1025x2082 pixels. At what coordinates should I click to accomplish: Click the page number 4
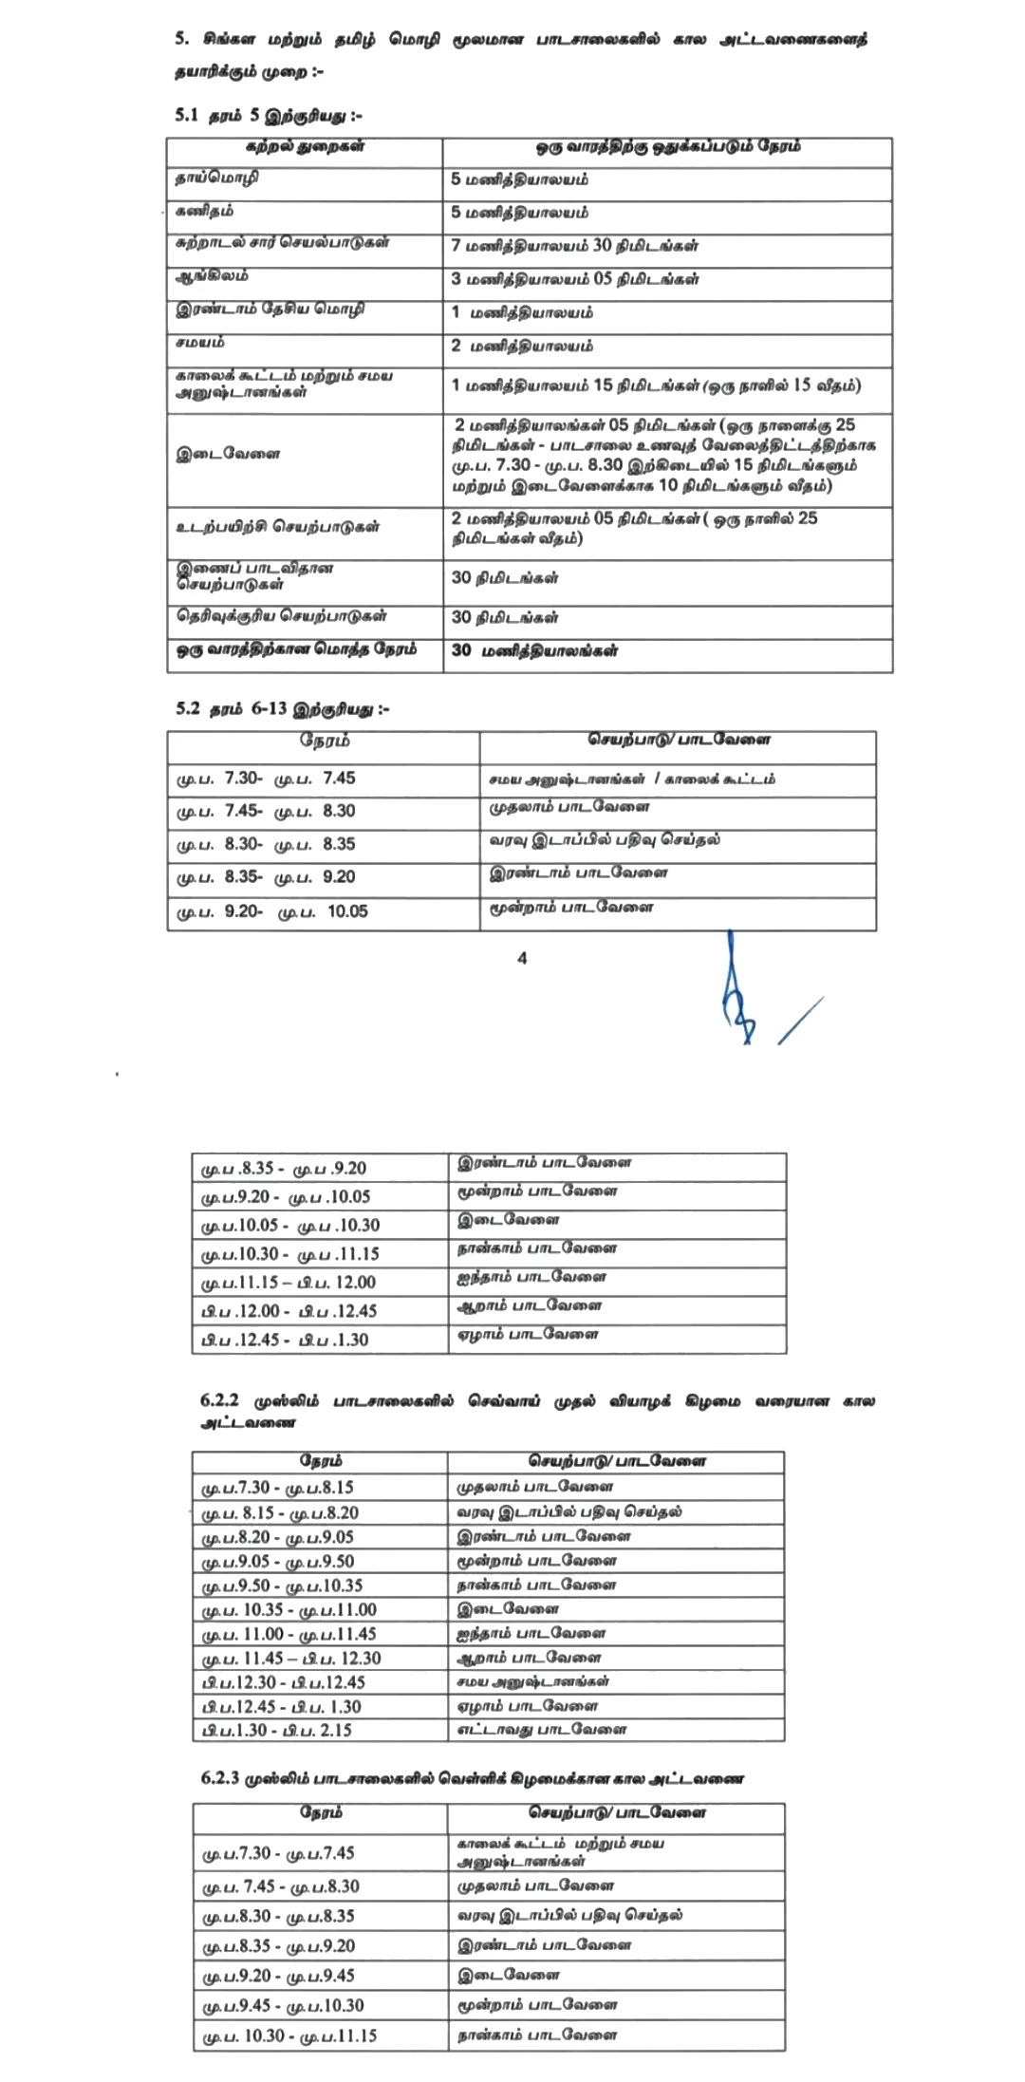coord(522,958)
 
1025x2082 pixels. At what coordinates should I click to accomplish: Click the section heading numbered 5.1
coord(269,116)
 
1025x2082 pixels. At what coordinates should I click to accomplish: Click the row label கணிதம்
coord(205,211)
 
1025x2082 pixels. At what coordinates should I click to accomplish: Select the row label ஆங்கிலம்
coord(212,276)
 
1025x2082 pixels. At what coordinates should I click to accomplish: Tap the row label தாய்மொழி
coord(217,178)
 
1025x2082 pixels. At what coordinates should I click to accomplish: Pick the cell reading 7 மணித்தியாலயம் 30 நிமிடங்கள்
coord(574,246)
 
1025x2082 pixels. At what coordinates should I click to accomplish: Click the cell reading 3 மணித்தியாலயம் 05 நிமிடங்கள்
coord(574,279)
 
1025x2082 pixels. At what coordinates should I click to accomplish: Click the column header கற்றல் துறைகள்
coord(305,147)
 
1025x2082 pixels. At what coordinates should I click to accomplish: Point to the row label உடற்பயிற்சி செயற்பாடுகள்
coord(277,527)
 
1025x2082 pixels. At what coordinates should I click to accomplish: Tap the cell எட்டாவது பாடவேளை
coord(542,1729)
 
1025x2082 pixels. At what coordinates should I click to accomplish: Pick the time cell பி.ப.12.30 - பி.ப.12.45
coord(283,1681)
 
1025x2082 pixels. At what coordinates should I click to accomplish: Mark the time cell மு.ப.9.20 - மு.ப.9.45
coord(279,1976)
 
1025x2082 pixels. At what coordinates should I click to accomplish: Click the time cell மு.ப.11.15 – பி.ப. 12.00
coord(289,1283)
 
